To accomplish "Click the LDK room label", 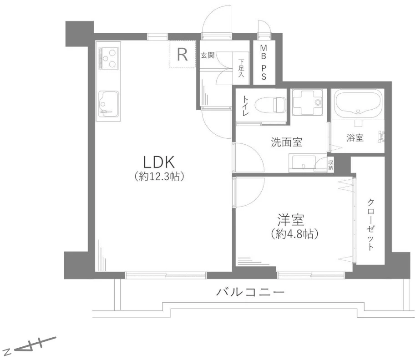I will pos(159,161).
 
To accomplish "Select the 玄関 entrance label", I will pos(208,55).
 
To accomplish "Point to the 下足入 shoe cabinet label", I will pos(241,68).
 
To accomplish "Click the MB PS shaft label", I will pos(264,62).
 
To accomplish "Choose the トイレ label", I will pos(245,106).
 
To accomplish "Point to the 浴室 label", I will pos(355,138).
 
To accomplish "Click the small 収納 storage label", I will pos(331,165).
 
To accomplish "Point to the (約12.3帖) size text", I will pos(159,177).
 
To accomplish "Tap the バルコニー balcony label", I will pos(250,291).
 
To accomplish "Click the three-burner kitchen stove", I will pos(109,58).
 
